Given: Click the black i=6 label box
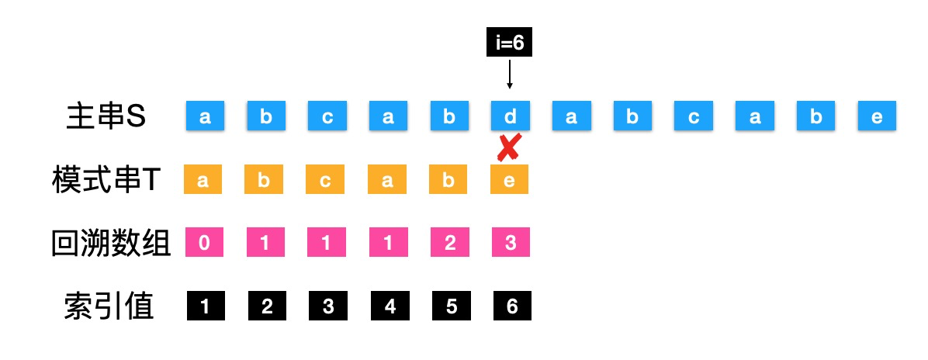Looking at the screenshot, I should click(510, 43).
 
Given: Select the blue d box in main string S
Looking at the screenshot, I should click(510, 116).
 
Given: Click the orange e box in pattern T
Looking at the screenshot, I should click(510, 181).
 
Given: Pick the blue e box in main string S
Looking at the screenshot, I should click(877, 116).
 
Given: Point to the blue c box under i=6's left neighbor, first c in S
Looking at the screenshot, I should click(327, 116).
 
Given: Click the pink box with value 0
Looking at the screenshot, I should click(204, 244).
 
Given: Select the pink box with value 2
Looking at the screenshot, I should click(449, 244).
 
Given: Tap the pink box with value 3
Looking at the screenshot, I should click(510, 244).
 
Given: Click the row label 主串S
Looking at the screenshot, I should click(106, 117).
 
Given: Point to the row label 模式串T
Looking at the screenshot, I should click(106, 181).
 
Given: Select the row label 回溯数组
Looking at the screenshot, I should click(110, 244).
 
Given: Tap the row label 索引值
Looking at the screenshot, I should click(109, 307).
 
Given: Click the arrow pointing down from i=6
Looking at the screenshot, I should click(510, 75).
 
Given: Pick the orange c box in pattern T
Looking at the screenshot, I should click(327, 181).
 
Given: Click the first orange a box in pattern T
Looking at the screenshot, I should click(204, 181).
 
